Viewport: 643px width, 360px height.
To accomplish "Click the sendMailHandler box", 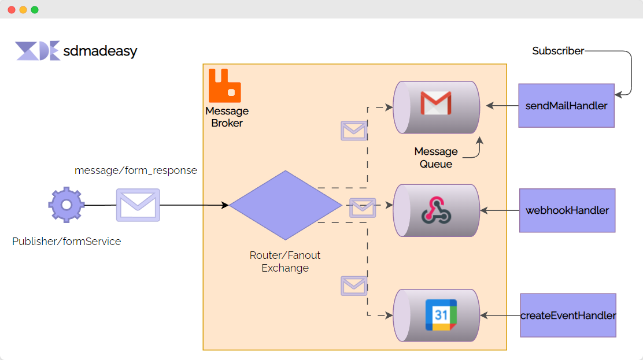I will (566, 106).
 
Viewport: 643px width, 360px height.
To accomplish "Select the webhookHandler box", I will (567, 210).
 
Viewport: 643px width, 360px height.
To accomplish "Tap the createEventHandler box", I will (568, 316).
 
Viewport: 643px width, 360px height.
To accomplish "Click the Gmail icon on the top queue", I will (435, 104).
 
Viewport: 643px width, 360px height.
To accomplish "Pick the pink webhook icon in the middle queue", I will (436, 210).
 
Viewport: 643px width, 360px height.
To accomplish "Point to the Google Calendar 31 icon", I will (441, 315).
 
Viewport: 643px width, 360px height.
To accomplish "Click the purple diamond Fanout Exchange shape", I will (285, 205).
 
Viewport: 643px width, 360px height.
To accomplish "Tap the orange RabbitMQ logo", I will (224, 86).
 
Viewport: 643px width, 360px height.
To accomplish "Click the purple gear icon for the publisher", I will (66, 205).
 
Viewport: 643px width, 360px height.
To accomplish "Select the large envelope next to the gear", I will (138, 205).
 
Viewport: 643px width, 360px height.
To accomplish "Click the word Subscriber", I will (558, 51).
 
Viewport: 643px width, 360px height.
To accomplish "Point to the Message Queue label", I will (436, 158).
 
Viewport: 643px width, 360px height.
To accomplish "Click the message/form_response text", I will (136, 170).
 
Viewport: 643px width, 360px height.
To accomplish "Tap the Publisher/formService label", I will (66, 242).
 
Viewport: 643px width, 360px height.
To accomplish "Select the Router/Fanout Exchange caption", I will (285, 262).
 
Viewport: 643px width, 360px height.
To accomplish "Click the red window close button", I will (12, 10).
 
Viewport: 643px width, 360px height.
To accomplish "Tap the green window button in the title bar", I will (35, 10).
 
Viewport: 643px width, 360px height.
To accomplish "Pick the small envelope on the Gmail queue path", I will (354, 131).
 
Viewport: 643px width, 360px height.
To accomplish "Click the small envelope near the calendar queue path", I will (354, 285).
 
